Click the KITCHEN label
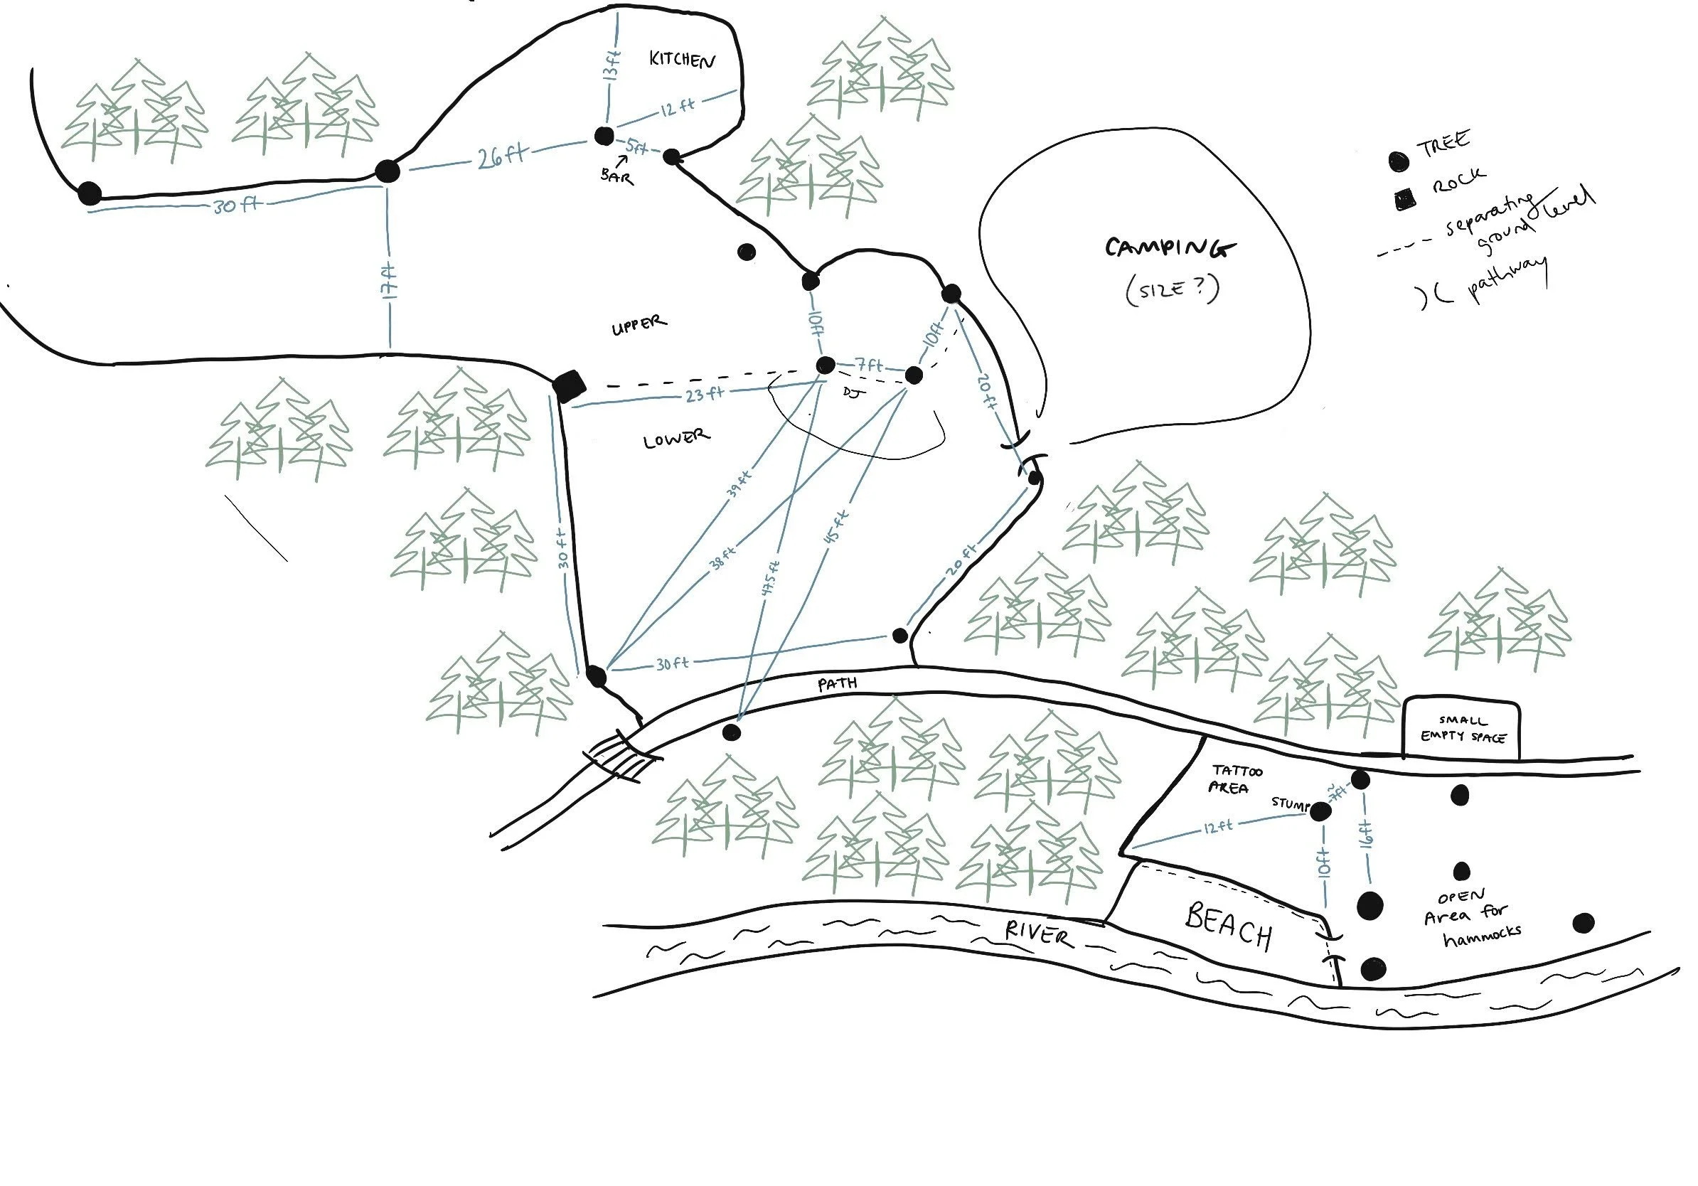point(681,59)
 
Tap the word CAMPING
point(1169,247)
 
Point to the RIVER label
point(1037,933)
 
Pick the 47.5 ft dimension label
point(771,582)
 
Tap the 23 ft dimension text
point(703,394)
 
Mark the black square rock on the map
point(570,385)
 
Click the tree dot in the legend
point(1398,161)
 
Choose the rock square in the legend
point(1404,200)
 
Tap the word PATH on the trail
point(837,684)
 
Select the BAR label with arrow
point(616,175)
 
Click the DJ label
point(853,394)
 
